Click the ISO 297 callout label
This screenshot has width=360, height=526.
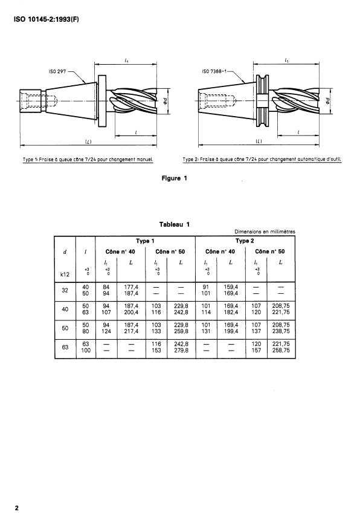[57, 70]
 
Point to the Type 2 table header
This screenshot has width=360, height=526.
[245, 241]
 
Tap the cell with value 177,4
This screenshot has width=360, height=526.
[130, 287]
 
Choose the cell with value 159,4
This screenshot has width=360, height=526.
[231, 287]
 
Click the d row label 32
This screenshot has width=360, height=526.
[65, 290]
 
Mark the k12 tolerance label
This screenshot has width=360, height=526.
[65, 274]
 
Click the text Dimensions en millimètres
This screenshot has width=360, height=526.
[265, 232]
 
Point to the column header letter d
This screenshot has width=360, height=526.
[65, 251]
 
